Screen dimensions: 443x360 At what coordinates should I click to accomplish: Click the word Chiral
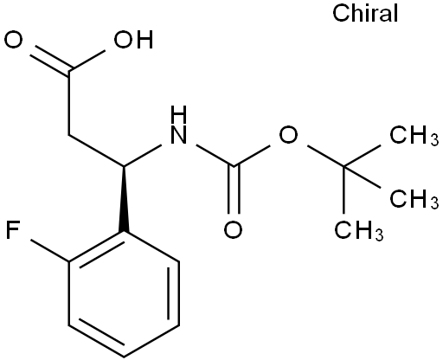click(365, 13)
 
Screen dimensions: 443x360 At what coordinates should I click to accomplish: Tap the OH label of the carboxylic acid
click(133, 40)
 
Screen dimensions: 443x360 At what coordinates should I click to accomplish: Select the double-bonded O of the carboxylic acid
click(13, 40)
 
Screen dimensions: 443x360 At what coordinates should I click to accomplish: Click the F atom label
click(12, 230)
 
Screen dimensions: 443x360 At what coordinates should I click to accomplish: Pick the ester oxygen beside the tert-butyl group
click(288, 135)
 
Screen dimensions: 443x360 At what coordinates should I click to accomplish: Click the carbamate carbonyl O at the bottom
click(233, 230)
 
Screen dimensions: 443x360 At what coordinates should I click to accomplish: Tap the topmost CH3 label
click(414, 135)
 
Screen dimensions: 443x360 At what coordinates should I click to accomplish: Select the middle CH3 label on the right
click(414, 199)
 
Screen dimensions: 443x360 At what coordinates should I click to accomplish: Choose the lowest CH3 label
click(359, 230)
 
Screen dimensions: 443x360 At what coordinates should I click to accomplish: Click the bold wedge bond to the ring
click(124, 199)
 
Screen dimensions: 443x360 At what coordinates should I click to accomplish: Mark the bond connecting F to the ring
click(49, 250)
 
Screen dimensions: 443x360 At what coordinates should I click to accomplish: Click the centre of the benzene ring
click(124, 294)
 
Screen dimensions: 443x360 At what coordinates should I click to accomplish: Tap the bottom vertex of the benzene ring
click(124, 357)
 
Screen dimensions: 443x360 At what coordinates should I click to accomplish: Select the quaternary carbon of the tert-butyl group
click(343, 166)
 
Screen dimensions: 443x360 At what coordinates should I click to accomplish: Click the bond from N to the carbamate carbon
click(215, 156)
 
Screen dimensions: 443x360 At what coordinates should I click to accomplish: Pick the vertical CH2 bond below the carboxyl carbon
click(69, 102)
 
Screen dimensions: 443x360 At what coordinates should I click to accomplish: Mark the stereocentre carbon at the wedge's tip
click(124, 166)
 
